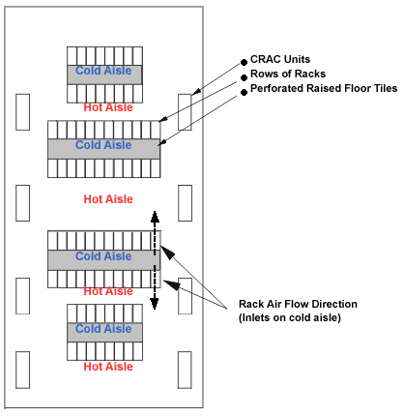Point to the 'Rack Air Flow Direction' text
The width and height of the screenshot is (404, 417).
298,304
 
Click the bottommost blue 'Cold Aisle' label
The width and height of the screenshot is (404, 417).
104,329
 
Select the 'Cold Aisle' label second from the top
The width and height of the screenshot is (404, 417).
103,145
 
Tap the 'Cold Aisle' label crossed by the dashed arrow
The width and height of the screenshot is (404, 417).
103,256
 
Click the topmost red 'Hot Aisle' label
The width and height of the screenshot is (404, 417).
107,107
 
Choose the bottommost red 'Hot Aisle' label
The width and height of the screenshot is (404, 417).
107,367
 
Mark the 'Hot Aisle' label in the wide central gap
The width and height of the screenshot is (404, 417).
107,199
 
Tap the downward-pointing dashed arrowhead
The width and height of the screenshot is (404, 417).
153,306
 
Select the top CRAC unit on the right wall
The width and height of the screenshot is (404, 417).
185,111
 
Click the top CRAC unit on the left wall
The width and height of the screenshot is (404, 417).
24,111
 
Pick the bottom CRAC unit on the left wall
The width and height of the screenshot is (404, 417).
24,369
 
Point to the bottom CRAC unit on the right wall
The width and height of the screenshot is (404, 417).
185,369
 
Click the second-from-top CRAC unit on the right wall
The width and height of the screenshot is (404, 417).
185,202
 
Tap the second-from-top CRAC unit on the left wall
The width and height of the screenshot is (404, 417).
24,202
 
